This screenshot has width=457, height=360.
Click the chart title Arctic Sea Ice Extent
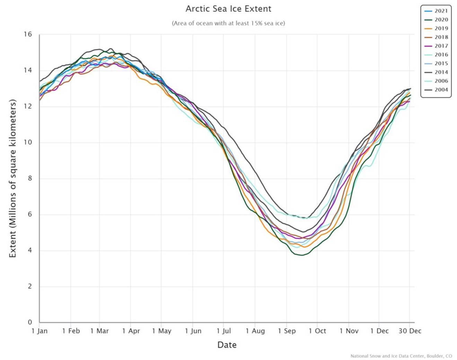[x=228, y=9]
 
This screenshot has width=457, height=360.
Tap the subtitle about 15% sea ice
[x=228, y=23]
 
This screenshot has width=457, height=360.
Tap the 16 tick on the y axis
[x=28, y=34]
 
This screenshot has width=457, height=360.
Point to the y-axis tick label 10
[x=28, y=142]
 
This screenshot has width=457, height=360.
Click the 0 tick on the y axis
[x=30, y=322]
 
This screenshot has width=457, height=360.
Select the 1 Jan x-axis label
[x=39, y=331]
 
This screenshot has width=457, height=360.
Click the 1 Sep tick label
[x=287, y=331]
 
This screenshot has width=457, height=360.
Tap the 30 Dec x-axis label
[x=410, y=331]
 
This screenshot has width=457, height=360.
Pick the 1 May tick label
[x=162, y=331]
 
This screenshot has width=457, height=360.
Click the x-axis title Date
[x=227, y=345]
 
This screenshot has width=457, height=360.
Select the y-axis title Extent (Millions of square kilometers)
[x=13, y=178]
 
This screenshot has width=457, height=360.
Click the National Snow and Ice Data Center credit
[x=401, y=356]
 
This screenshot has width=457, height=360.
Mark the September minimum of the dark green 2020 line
[x=301, y=255]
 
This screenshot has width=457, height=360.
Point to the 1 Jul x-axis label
[x=224, y=331]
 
